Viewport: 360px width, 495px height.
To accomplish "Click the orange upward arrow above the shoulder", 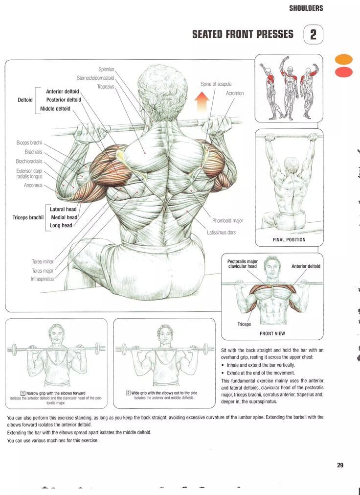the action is (202, 102).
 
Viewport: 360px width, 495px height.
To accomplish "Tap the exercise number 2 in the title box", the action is (314, 34).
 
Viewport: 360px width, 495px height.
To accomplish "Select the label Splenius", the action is (106, 69).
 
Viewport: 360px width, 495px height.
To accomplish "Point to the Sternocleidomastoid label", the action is (95, 78).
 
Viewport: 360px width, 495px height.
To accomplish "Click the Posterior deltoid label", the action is (64, 100).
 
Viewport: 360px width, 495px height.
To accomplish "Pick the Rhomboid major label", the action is (227, 221).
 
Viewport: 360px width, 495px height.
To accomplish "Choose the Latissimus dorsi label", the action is (222, 233).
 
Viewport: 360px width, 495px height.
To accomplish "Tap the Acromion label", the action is (235, 93).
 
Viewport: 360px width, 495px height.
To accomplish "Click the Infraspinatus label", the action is (42, 279).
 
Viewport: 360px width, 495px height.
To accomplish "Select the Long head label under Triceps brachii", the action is (61, 225).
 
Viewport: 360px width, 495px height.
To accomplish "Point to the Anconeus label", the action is (33, 185).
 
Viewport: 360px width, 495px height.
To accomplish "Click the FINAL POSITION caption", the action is (289, 239).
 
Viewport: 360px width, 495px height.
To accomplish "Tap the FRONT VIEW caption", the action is (272, 333).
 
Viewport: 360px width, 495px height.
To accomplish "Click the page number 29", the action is (340, 465).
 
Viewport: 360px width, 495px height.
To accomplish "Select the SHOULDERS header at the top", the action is (306, 8).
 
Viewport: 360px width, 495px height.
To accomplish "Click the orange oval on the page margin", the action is (343, 59).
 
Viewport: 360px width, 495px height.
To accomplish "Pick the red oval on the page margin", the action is (343, 72).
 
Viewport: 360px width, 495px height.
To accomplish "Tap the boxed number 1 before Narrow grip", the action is (22, 393).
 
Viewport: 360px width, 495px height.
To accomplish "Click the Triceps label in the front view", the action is (244, 324).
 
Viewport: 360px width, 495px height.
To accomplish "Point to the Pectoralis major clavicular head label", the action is (242, 264).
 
